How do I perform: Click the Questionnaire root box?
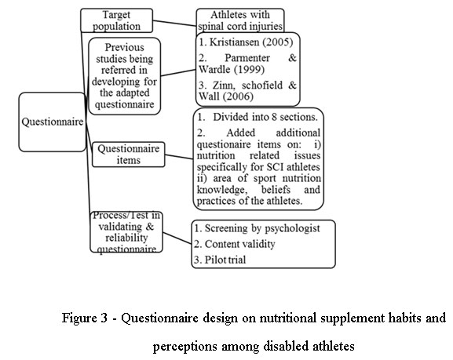53,122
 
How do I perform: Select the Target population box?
116,20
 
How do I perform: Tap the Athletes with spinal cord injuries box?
240,20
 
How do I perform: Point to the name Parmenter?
247,58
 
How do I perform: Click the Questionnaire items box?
128,155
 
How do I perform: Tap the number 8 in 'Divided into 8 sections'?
274,117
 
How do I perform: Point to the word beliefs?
276,190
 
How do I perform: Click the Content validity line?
234,244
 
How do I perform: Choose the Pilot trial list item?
220,260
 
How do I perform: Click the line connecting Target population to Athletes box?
174,23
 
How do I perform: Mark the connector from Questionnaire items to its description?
179,157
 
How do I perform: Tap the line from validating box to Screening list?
177,238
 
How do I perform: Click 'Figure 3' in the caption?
84,318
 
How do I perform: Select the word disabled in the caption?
292,346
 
